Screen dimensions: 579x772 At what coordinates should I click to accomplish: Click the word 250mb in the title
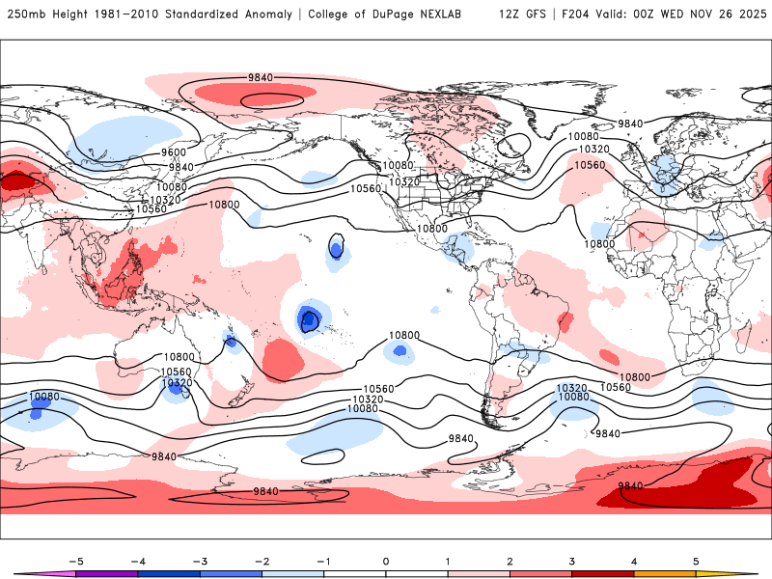coord(25,14)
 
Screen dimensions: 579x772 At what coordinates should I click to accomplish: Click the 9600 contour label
coord(174,152)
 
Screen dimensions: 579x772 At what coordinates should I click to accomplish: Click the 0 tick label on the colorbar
coord(386,561)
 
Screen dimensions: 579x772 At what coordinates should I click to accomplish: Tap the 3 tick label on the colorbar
coord(572,561)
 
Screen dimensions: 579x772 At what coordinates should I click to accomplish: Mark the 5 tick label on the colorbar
coord(696,561)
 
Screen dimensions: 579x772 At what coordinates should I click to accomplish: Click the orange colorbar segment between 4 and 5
coord(665,574)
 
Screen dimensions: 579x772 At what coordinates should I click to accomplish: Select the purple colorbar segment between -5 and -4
coord(107,574)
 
